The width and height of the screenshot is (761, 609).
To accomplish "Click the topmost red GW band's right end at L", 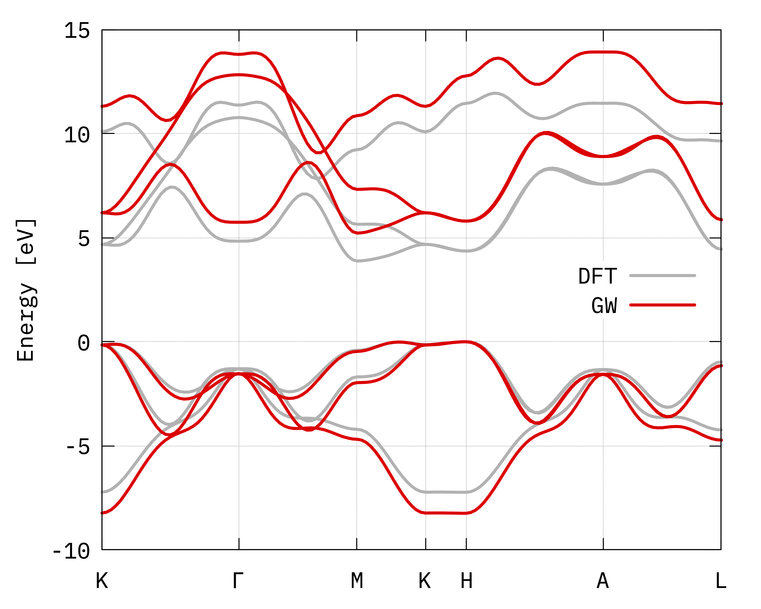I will tap(720, 103).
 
